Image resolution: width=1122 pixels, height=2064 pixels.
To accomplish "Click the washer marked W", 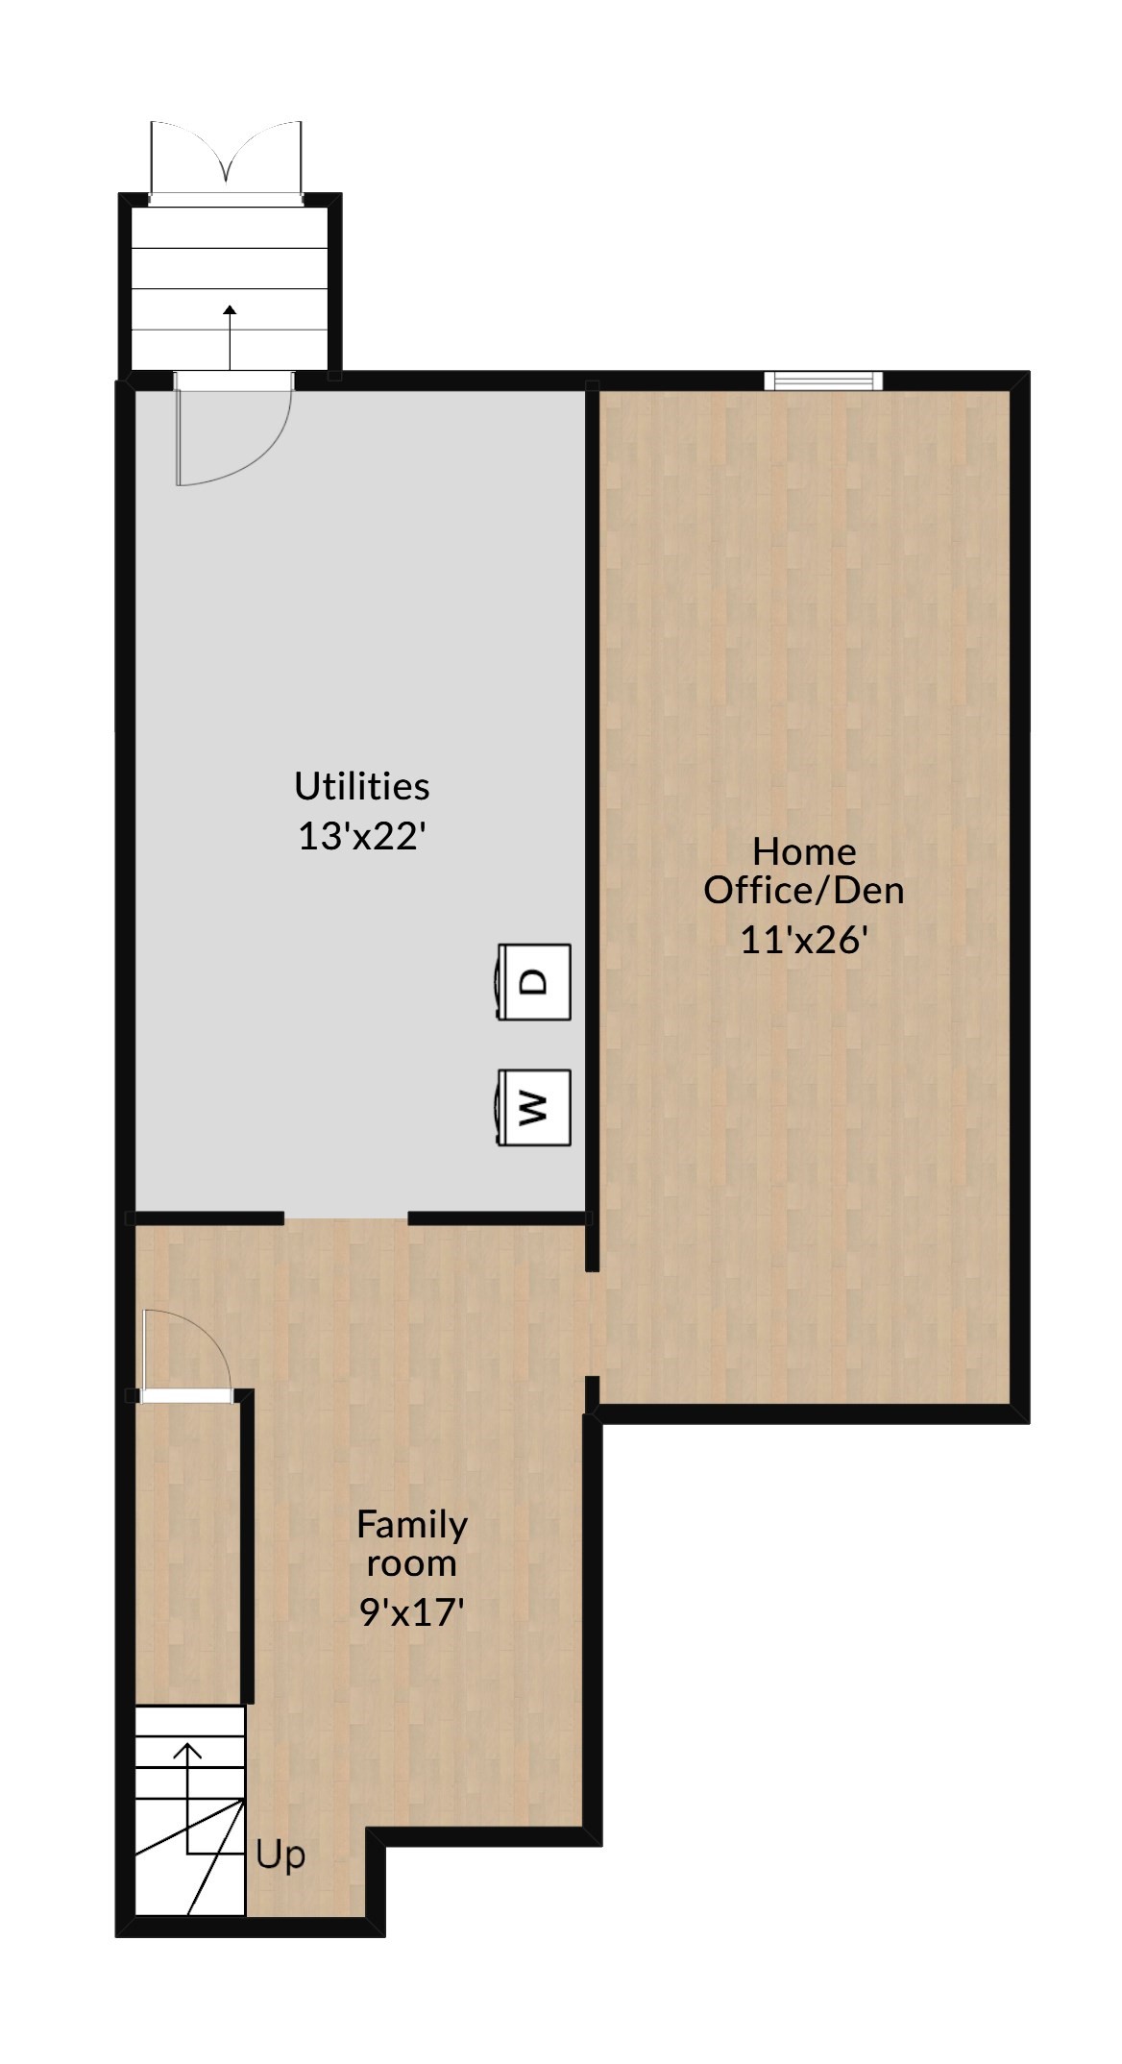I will point(534,1107).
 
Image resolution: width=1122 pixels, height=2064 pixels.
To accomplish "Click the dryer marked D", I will point(534,981).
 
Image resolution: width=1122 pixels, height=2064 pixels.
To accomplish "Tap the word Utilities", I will point(361,786).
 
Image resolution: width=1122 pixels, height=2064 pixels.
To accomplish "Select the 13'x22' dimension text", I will point(361,836).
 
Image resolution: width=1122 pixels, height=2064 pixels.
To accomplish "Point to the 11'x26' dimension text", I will point(804,939).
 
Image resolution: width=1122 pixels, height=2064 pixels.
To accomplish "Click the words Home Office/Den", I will point(804,871).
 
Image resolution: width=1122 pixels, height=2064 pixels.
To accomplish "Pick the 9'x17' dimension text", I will point(412,1611).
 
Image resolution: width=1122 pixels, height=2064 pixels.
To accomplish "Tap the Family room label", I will point(412,1543).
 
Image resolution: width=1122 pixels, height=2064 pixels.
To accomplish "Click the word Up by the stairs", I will point(280,1855).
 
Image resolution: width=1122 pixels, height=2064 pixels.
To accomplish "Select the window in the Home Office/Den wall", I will point(822,381).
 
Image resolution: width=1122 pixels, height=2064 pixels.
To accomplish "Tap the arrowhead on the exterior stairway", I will point(230,310).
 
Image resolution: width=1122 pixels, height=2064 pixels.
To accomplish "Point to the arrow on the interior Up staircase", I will point(188,1751).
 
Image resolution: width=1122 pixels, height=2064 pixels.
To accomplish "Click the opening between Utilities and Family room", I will point(346,1218).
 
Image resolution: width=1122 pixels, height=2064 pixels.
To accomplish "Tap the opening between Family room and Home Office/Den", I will point(593,1324).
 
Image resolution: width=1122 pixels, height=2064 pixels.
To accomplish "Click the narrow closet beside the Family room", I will point(187,1547).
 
